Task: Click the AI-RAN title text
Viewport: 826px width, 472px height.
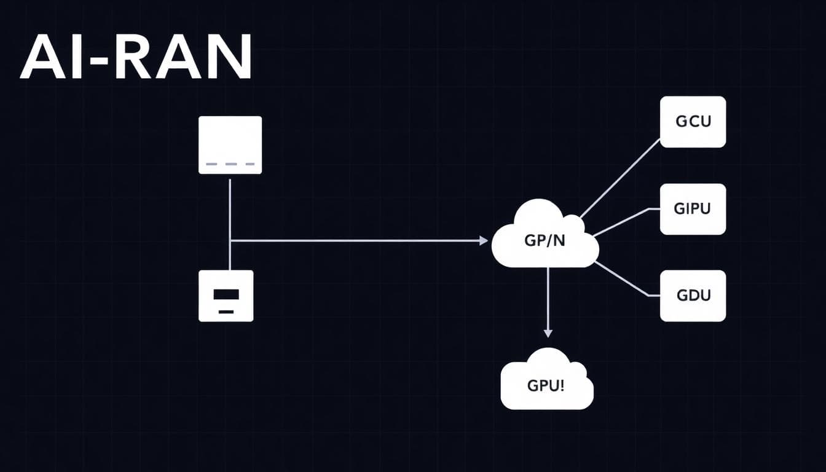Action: click(136, 57)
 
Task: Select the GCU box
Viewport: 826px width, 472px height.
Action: click(693, 122)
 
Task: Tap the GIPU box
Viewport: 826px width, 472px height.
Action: click(693, 209)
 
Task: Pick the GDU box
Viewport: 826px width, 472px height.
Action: click(693, 296)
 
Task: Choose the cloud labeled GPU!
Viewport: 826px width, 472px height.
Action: click(546, 383)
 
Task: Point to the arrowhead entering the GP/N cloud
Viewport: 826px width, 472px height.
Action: click(484, 241)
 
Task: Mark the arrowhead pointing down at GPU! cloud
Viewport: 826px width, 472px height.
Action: click(548, 332)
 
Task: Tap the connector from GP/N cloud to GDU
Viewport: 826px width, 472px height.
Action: click(622, 280)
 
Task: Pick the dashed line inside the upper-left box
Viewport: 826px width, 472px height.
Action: click(230, 164)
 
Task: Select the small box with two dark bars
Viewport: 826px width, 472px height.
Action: click(226, 296)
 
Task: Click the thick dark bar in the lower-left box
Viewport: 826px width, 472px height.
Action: click(226, 294)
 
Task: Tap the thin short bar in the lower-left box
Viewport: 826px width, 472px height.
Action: click(226, 312)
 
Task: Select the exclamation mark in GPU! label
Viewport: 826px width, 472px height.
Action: click(562, 385)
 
